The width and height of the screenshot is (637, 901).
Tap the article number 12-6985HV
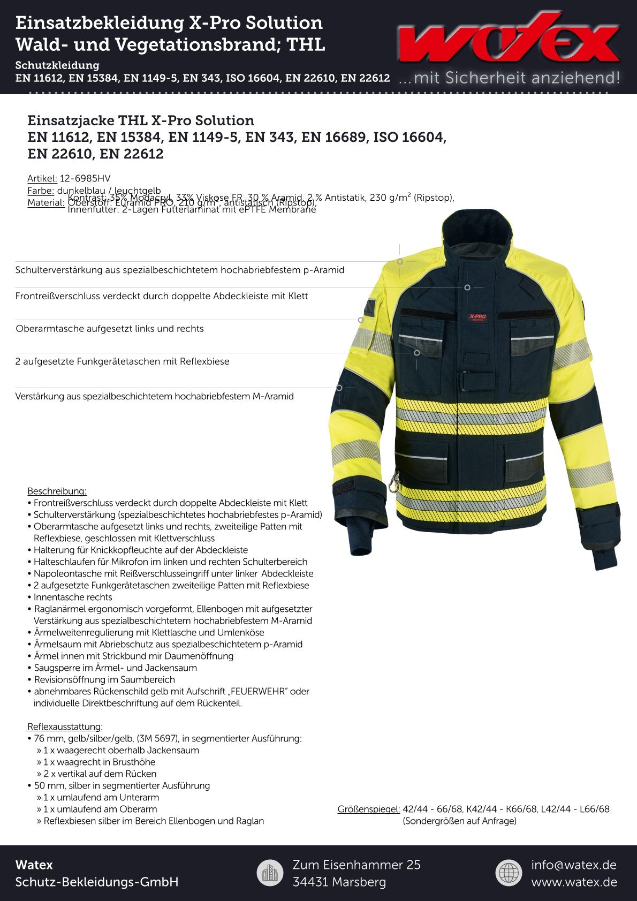click(x=85, y=178)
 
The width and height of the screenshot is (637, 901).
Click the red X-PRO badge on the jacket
click(x=477, y=317)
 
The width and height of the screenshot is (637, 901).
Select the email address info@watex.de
click(x=573, y=865)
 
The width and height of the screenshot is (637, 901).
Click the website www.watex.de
click(x=574, y=882)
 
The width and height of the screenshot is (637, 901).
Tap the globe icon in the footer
click(x=509, y=873)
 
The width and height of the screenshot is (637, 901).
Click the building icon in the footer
click(x=270, y=873)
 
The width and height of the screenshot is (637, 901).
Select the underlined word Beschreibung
click(x=57, y=491)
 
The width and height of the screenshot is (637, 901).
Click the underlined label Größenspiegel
click(x=369, y=809)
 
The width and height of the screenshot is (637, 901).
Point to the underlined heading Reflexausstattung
click(x=64, y=726)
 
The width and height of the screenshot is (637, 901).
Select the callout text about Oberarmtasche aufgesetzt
click(x=110, y=329)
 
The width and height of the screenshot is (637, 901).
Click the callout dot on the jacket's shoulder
click(x=400, y=261)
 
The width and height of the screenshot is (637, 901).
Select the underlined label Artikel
click(x=42, y=178)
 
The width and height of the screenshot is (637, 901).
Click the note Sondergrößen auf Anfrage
click(x=459, y=821)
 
